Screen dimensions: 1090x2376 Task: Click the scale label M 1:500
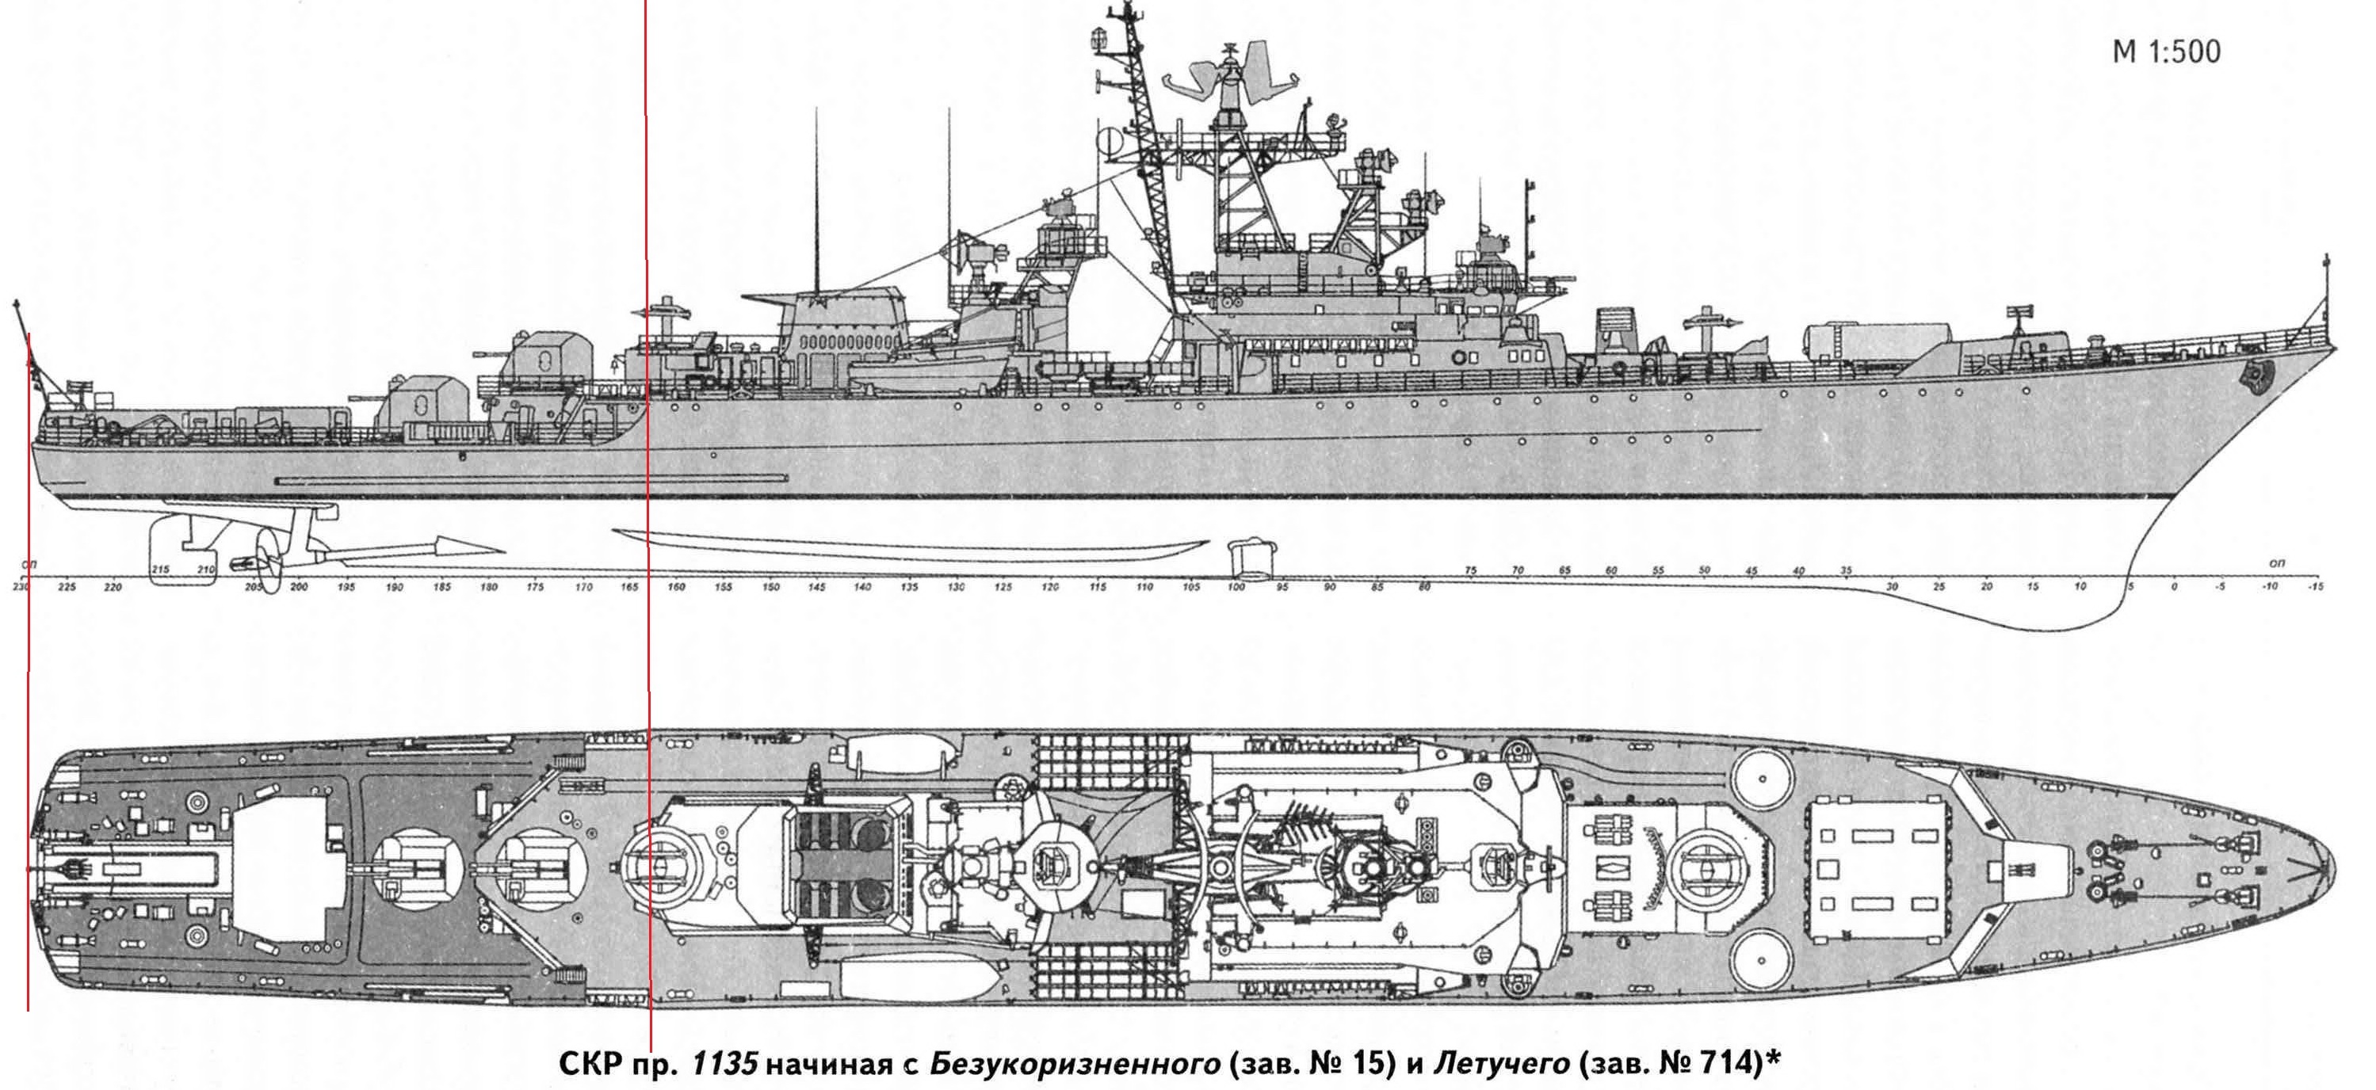click(x=2166, y=52)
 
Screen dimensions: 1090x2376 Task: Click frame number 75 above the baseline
click(x=1471, y=572)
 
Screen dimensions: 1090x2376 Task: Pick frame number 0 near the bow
click(x=2174, y=586)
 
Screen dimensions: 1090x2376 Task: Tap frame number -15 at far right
click(x=2314, y=586)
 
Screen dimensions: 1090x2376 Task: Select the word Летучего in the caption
click(x=1501, y=1063)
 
